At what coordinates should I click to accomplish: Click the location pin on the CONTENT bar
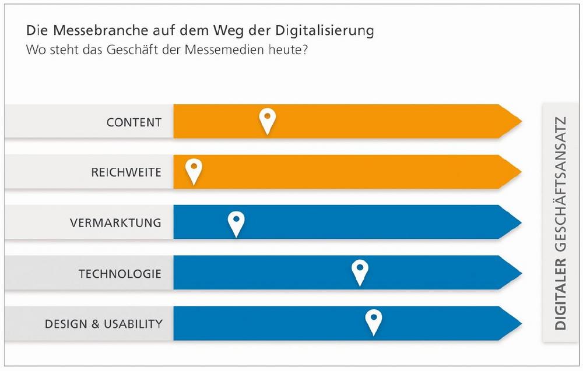coord(267,119)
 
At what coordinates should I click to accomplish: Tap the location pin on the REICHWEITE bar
coord(194,170)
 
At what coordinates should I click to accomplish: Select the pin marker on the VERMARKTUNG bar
coord(236,222)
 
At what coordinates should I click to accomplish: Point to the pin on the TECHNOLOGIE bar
coord(360,271)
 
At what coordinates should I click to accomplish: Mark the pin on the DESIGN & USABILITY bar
coord(373,320)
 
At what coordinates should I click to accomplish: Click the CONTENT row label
coord(134,122)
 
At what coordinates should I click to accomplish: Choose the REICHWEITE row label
coord(126,172)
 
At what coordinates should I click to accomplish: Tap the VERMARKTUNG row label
coord(115,223)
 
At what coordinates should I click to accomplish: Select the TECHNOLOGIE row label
coord(120,273)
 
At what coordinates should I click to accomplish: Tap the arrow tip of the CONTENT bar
coord(517,121)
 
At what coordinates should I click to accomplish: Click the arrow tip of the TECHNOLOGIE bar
coord(517,273)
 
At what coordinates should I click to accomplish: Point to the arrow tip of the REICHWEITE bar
coord(517,172)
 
